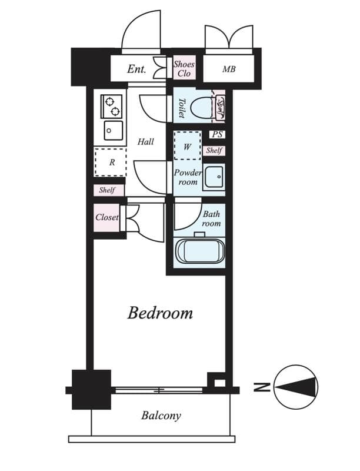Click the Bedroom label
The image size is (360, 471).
[160, 313]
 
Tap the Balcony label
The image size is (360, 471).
[161, 416]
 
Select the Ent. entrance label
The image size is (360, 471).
[136, 69]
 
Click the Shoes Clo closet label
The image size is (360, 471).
[184, 69]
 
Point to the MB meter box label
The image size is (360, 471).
[229, 69]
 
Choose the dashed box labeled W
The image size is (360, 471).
[187, 147]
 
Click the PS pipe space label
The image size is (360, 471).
[217, 135]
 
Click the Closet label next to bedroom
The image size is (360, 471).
[107, 217]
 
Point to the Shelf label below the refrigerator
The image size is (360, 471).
[107, 190]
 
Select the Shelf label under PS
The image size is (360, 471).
[214, 151]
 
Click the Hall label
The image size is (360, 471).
[145, 142]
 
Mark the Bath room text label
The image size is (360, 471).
[211, 219]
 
